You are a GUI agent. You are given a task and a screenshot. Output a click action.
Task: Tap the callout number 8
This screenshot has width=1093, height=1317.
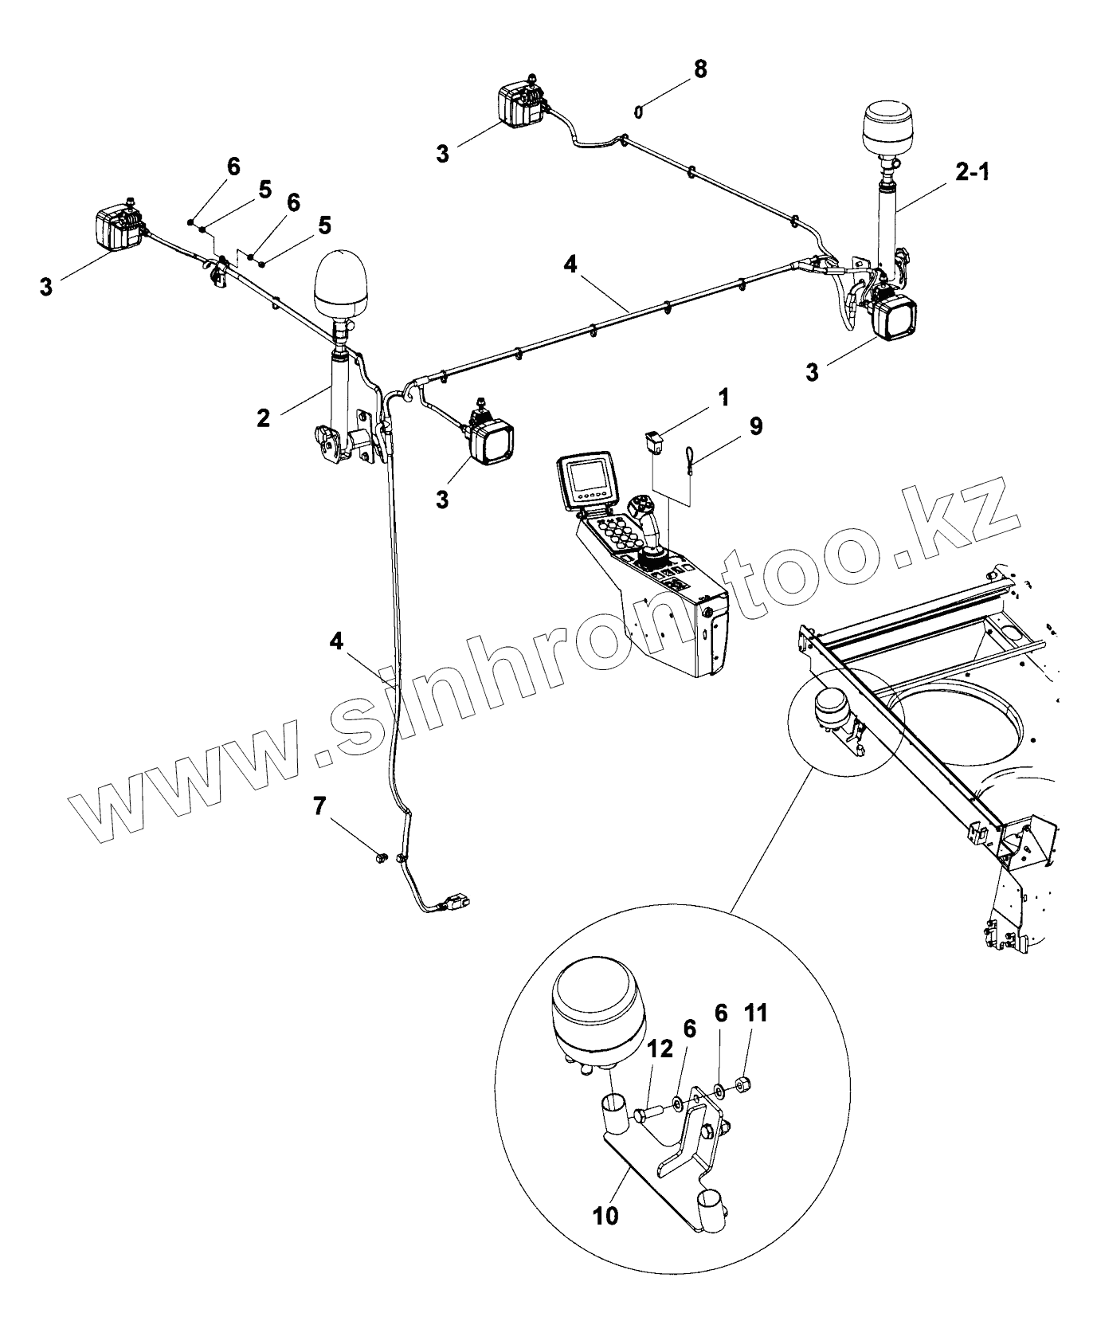699,69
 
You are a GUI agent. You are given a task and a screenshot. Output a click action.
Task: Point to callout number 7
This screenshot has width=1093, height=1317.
319,807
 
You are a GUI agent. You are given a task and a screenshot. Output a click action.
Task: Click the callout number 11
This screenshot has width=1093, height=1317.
756,1013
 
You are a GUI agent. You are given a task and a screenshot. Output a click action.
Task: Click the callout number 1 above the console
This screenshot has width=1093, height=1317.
723,397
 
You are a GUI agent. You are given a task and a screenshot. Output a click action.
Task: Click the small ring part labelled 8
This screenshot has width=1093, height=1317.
638,112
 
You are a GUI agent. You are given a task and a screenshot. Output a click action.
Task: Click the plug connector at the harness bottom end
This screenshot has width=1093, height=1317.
456,903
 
